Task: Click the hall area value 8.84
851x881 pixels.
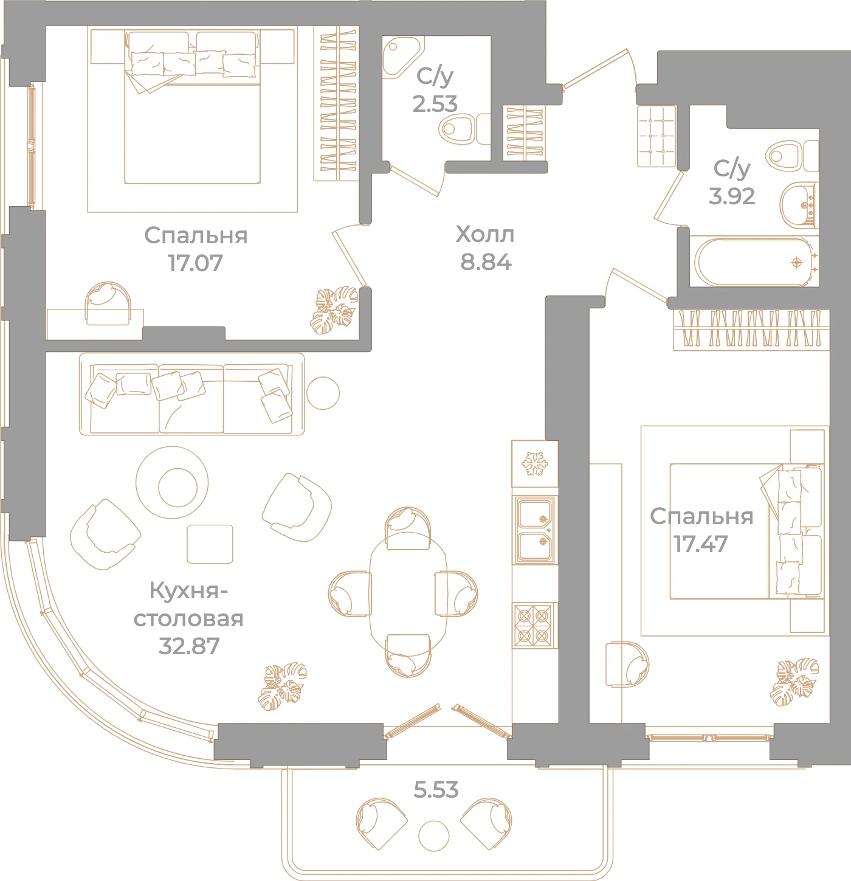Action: point(486,262)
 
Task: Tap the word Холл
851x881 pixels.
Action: point(485,235)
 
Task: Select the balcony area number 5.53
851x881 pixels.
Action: point(436,790)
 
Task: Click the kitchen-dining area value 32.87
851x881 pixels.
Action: point(189,646)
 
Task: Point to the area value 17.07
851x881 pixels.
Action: point(195,263)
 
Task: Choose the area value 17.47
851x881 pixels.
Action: point(701,544)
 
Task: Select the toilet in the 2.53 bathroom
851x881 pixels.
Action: point(464,128)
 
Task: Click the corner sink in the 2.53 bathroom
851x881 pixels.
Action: point(400,57)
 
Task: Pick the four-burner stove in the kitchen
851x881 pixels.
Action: point(533,626)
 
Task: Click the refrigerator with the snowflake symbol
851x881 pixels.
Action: point(534,463)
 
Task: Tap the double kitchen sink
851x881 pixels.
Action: point(534,530)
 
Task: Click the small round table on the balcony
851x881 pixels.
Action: point(433,836)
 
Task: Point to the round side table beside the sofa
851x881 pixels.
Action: point(323,393)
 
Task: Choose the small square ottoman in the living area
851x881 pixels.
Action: point(210,544)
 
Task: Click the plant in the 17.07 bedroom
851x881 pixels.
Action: point(334,310)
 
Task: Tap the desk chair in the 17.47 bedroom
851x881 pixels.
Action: point(627,665)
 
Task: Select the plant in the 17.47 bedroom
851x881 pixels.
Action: point(794,682)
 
